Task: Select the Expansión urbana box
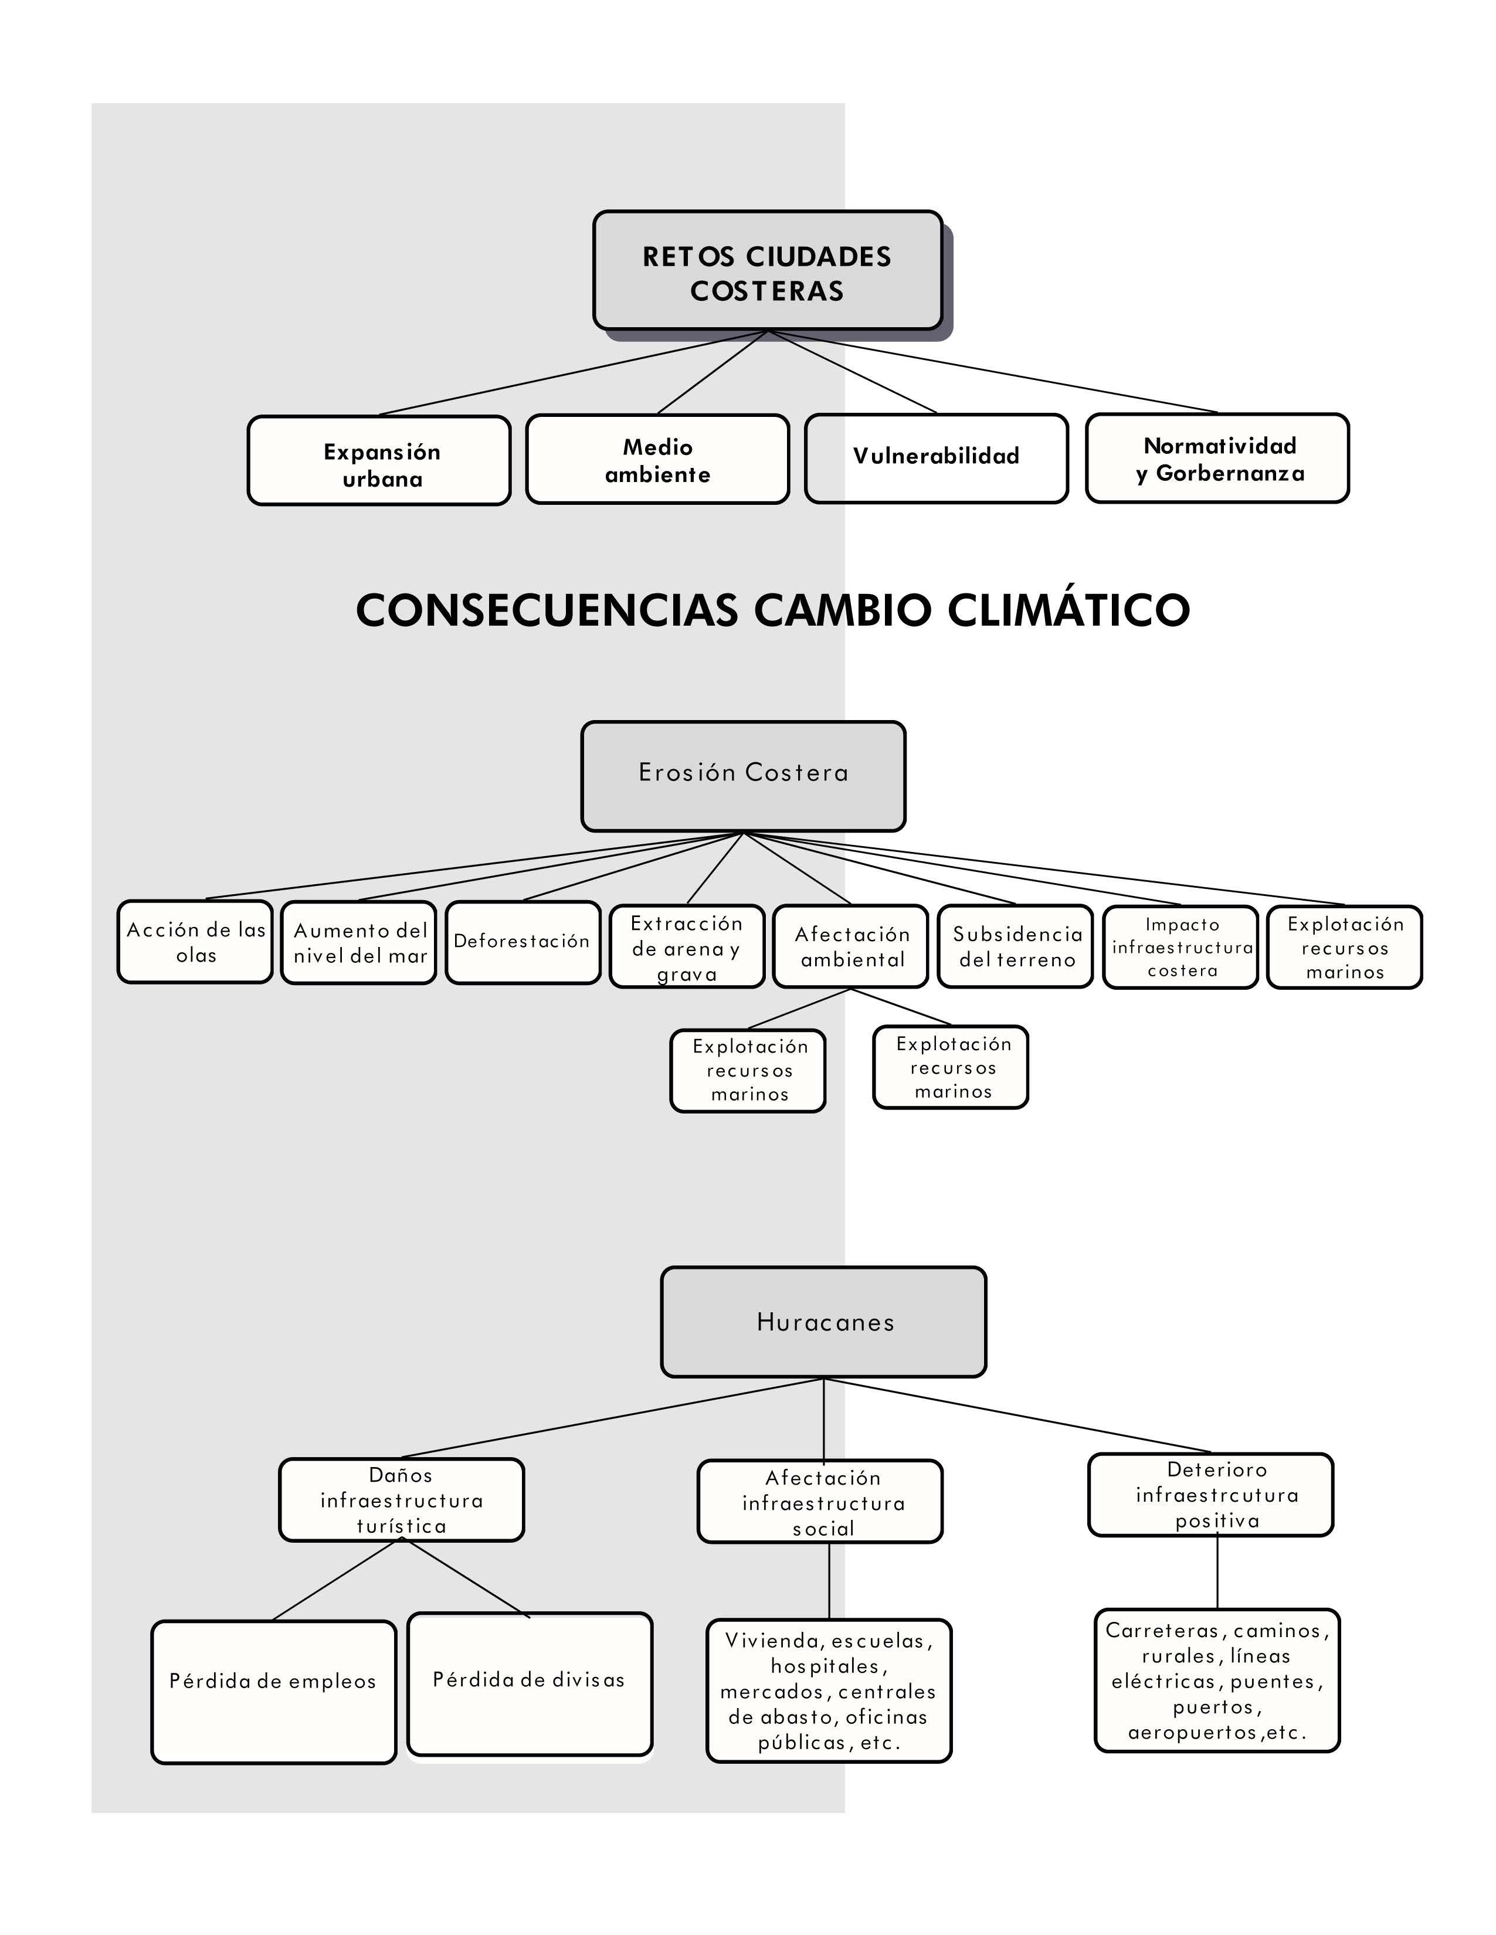[379, 461]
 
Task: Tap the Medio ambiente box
[657, 459]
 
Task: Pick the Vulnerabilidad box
[936, 458]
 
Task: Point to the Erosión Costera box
[742, 776]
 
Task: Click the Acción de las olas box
[195, 942]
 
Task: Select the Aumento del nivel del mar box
[359, 943]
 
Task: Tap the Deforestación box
[523, 943]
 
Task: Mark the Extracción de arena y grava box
[687, 946]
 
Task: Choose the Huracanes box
[823, 1322]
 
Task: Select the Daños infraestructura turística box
[402, 1500]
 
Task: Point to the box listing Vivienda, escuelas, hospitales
[829, 1690]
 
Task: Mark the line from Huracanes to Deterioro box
[1019, 1416]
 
